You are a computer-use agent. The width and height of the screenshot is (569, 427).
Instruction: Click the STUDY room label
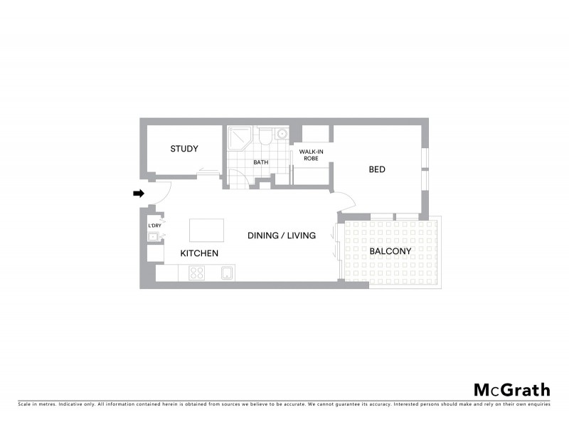point(184,149)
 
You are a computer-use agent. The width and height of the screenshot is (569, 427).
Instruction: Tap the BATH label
point(261,162)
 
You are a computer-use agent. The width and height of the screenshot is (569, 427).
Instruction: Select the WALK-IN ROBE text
point(311,155)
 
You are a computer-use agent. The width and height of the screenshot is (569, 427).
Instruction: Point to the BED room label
point(377,169)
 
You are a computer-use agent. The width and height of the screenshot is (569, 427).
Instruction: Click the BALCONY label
point(390,251)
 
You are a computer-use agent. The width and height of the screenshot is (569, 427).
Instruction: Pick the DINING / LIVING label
point(281,236)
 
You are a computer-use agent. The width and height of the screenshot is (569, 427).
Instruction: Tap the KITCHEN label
point(198,253)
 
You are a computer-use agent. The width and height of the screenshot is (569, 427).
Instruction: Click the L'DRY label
point(154,226)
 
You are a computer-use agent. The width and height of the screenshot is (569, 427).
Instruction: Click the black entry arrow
point(139,193)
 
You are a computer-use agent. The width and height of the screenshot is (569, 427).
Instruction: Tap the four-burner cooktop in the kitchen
point(197,273)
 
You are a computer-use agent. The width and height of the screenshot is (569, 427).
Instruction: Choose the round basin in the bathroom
point(282,133)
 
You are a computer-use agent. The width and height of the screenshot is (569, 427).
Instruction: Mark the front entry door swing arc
point(161,194)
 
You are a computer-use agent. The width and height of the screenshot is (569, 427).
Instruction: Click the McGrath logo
point(512,389)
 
